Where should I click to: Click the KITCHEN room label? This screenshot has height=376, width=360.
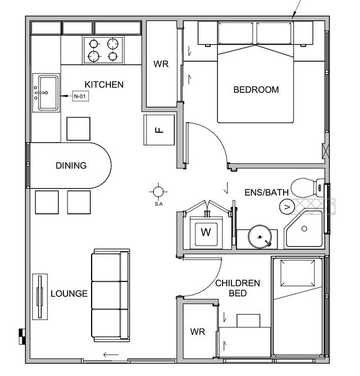pyautogui.click(x=104, y=85)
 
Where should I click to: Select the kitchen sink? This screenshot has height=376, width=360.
pyautogui.click(x=46, y=92)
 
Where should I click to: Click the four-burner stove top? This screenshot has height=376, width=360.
pyautogui.click(x=102, y=49)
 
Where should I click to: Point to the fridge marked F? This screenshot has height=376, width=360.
pyautogui.click(x=159, y=130)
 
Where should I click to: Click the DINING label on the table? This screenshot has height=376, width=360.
pyautogui.click(x=71, y=166)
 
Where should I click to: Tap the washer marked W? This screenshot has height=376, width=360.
pyautogui.click(x=206, y=232)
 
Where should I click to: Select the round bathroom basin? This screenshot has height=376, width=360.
pyautogui.click(x=260, y=237)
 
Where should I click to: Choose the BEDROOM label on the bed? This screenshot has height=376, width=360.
pyautogui.click(x=256, y=90)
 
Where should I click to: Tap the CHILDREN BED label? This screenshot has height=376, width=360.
pyautogui.click(x=237, y=288)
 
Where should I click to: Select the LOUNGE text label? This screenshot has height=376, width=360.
pyautogui.click(x=69, y=294)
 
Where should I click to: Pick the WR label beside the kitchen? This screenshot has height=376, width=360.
pyautogui.click(x=160, y=65)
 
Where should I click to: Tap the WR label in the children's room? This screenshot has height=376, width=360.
pyautogui.click(x=197, y=332)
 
